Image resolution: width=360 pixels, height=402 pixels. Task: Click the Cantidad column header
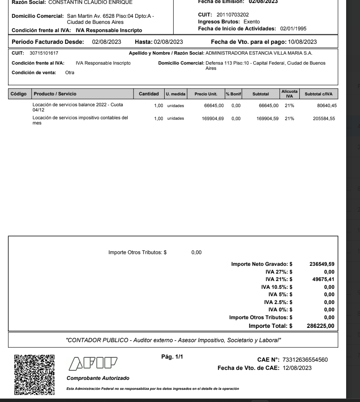tap(149, 94)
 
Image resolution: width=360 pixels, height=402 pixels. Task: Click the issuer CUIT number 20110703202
tap(229, 15)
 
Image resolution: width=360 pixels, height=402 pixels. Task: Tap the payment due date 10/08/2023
tap(301, 42)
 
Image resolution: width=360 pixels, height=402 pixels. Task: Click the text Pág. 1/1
tap(172, 357)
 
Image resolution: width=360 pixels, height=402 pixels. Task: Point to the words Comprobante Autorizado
tap(95, 379)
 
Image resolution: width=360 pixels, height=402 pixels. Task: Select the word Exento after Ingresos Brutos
tap(251, 21)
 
